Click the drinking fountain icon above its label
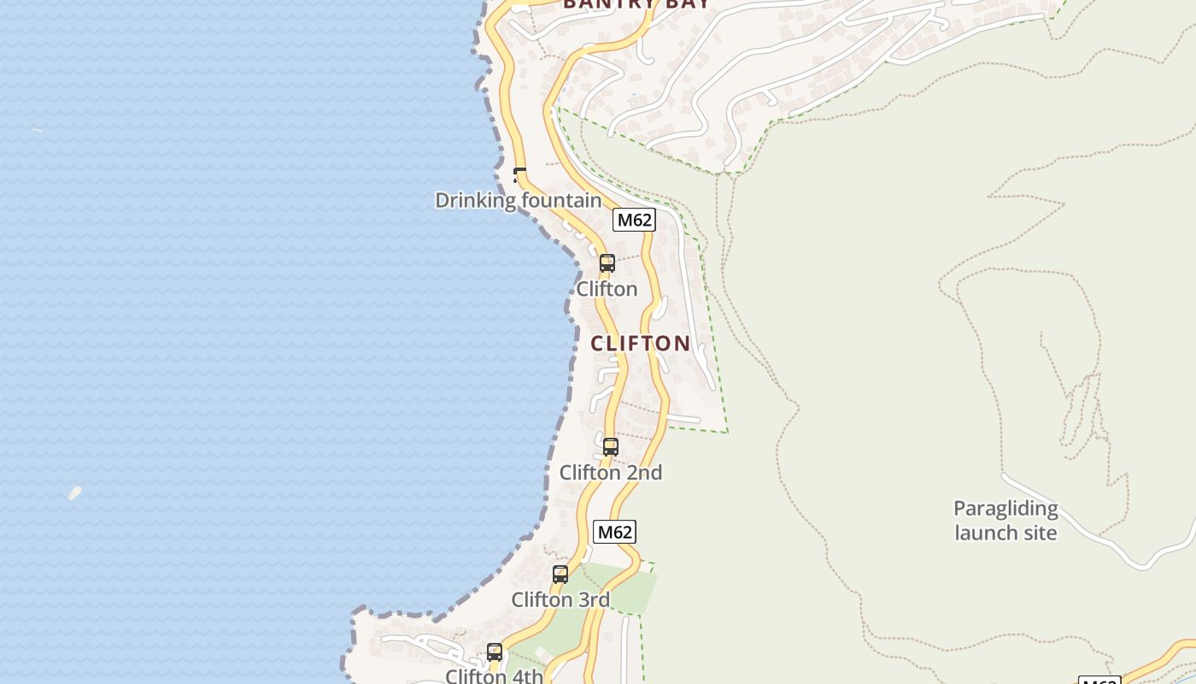click(519, 176)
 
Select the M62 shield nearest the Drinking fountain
click(634, 220)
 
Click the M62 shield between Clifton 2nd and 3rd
click(614, 532)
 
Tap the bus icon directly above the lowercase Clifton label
click(607, 263)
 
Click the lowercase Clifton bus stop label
click(607, 289)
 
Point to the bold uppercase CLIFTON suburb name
click(641, 344)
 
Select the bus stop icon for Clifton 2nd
click(610, 446)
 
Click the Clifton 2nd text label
click(610, 473)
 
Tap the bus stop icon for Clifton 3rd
click(560, 575)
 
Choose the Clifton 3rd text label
click(560, 600)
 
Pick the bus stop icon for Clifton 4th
click(494, 652)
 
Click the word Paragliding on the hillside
click(1005, 509)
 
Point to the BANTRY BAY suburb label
click(636, 3)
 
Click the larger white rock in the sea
click(75, 492)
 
